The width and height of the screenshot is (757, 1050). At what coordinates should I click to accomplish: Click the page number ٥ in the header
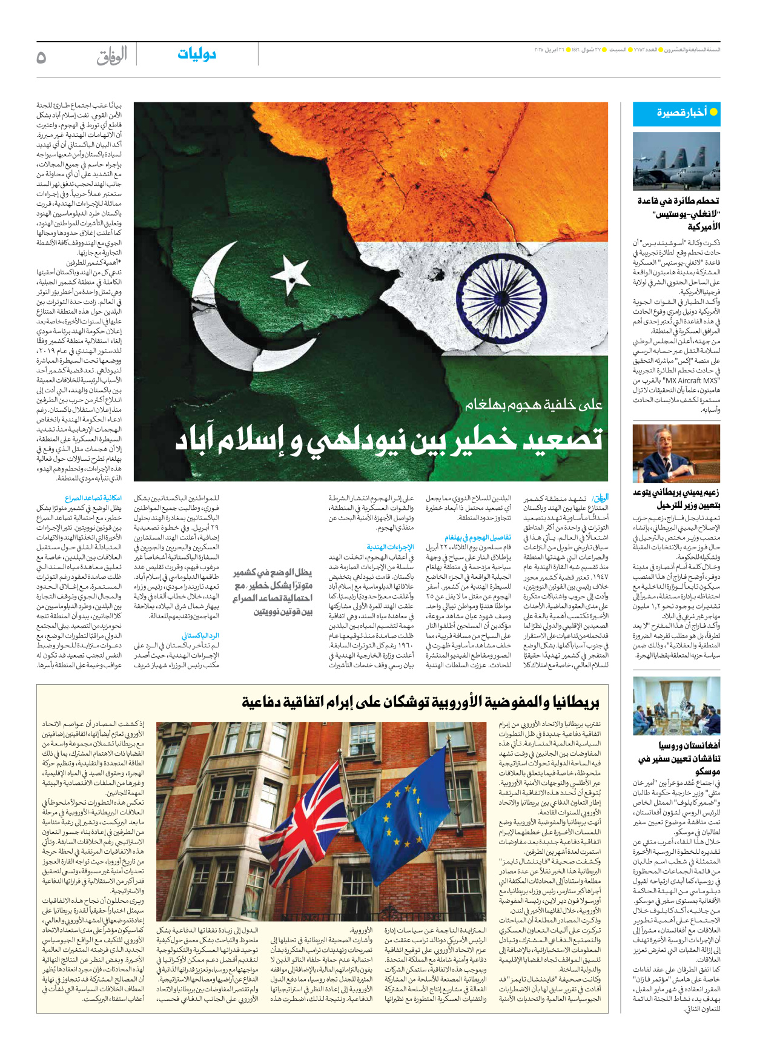[x=41, y=57]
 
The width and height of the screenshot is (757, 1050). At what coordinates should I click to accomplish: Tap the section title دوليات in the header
[x=196, y=54]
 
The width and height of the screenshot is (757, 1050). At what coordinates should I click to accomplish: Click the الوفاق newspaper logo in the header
[x=111, y=56]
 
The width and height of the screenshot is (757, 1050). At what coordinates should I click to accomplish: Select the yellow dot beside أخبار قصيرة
[x=713, y=112]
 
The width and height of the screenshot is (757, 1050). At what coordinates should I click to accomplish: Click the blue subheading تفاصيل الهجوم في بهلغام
[x=478, y=537]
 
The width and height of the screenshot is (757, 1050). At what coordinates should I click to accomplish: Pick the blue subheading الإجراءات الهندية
[x=390, y=547]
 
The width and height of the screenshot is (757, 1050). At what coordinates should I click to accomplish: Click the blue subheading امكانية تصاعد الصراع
[x=93, y=498]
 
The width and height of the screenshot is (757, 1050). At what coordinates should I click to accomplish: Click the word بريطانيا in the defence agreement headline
[x=573, y=702]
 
